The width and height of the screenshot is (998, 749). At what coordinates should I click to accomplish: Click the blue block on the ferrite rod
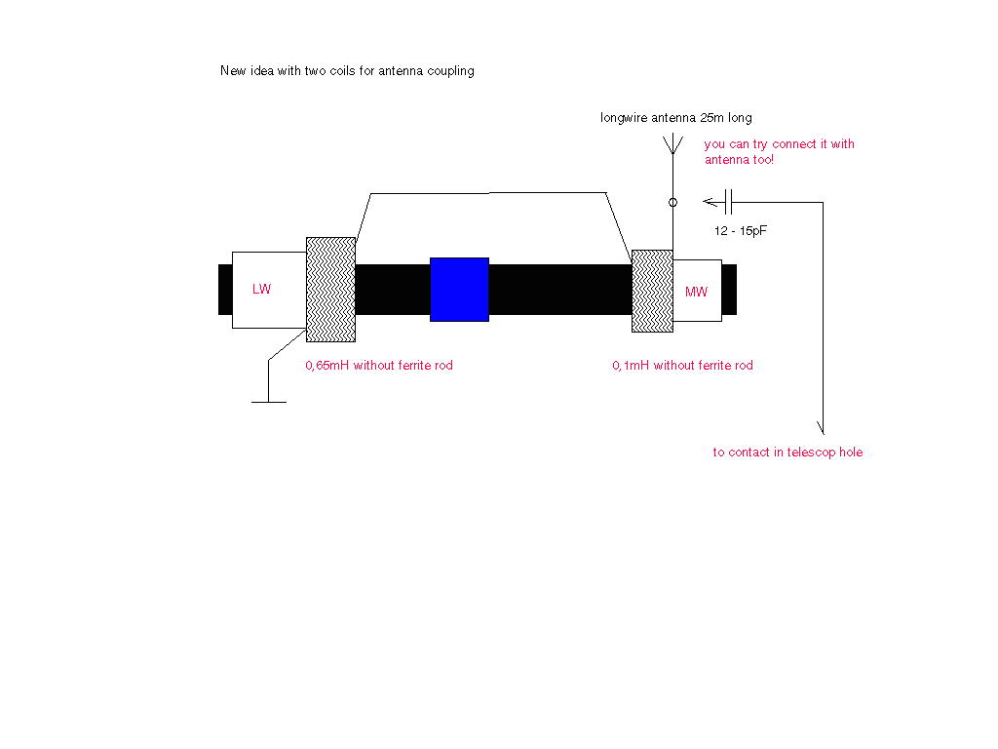click(x=459, y=289)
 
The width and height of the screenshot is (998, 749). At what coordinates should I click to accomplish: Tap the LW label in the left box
click(x=261, y=289)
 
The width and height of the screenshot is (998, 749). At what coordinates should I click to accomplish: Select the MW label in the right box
click(x=696, y=292)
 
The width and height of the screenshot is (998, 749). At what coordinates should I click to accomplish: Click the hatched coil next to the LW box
click(x=331, y=289)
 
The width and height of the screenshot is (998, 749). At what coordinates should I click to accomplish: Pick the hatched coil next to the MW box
click(x=652, y=291)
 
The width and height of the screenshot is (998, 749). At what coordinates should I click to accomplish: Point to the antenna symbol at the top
click(x=672, y=145)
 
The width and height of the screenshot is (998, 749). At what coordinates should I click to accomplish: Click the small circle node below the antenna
click(x=672, y=203)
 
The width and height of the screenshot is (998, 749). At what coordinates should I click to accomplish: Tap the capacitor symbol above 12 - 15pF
click(x=729, y=202)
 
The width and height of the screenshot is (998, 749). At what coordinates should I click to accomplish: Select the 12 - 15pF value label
click(x=741, y=230)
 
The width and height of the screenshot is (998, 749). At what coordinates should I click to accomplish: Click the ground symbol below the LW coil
click(x=269, y=402)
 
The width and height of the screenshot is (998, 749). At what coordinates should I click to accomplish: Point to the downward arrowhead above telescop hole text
click(x=821, y=427)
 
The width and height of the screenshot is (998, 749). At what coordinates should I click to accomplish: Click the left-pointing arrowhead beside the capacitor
click(x=710, y=202)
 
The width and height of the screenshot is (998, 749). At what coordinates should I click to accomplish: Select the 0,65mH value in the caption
click(x=327, y=366)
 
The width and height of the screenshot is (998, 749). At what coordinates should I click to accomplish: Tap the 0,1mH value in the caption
click(x=631, y=366)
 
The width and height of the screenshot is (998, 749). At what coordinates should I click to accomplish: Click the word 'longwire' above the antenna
click(x=624, y=118)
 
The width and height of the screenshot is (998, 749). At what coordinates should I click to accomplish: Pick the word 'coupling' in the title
click(x=450, y=71)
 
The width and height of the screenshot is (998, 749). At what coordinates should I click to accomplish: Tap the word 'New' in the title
click(x=233, y=70)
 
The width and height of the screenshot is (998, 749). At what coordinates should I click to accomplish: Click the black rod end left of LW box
click(x=225, y=289)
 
